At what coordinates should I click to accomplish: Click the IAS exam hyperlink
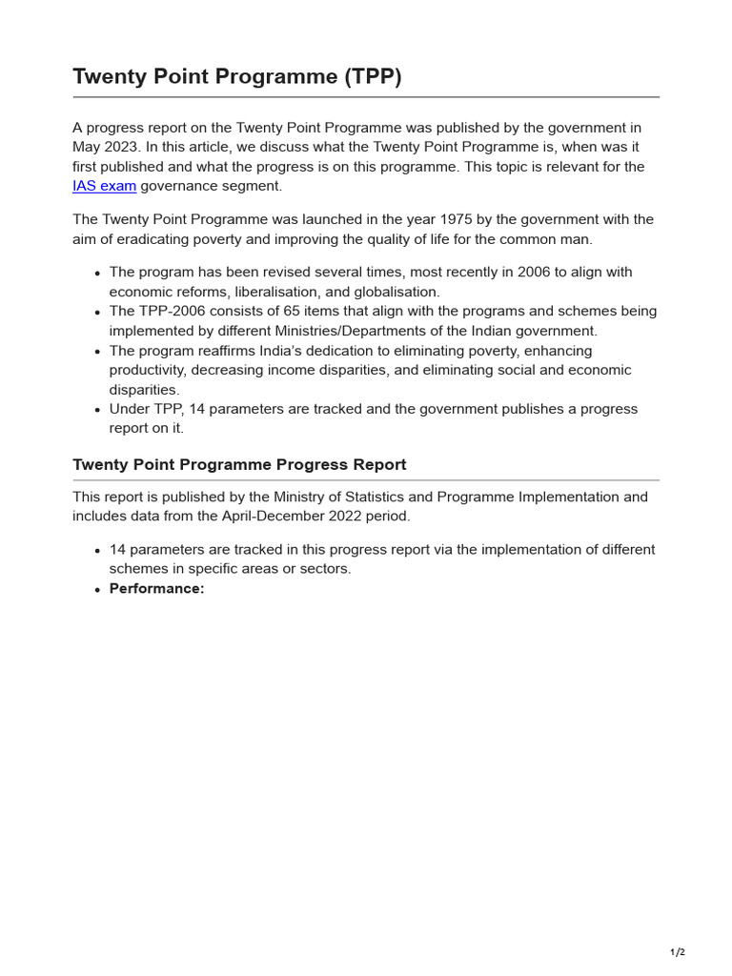pyautogui.click(x=104, y=186)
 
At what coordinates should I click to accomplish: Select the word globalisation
pyautogui.click(x=396, y=292)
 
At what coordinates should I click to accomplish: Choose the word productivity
pyautogui.click(x=149, y=370)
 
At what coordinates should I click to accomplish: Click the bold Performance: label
pyautogui.click(x=156, y=589)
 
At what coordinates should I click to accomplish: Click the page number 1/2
pyautogui.click(x=677, y=952)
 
